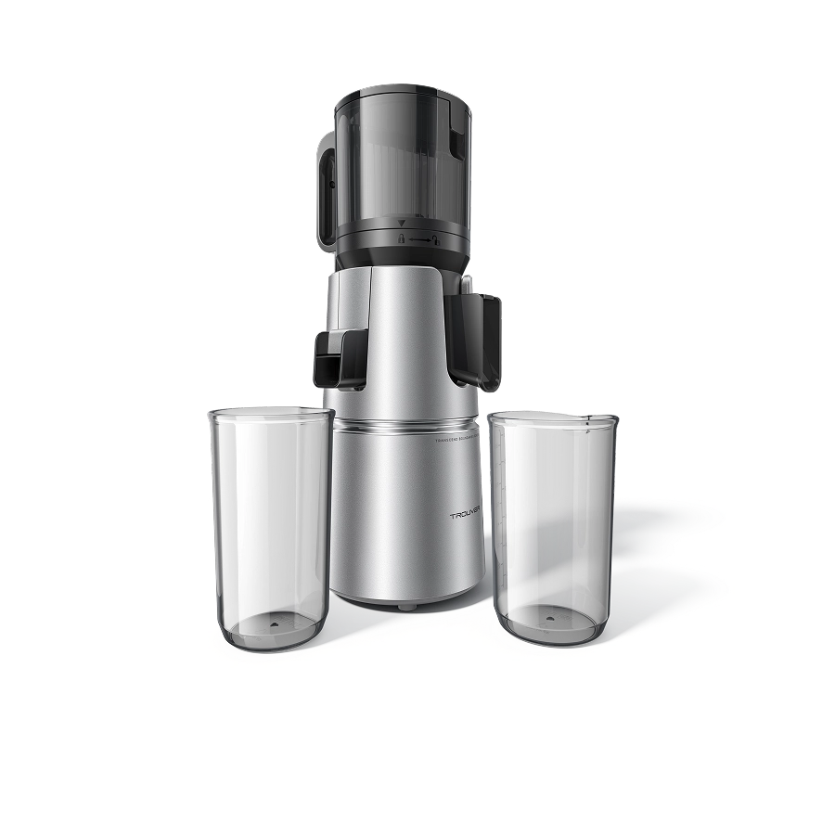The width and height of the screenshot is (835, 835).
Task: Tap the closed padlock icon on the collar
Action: point(402,238)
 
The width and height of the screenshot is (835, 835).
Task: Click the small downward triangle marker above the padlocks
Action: point(402,225)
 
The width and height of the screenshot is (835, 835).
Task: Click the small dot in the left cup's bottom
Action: point(274,626)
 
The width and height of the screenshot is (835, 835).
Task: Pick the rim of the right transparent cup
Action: point(552,417)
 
